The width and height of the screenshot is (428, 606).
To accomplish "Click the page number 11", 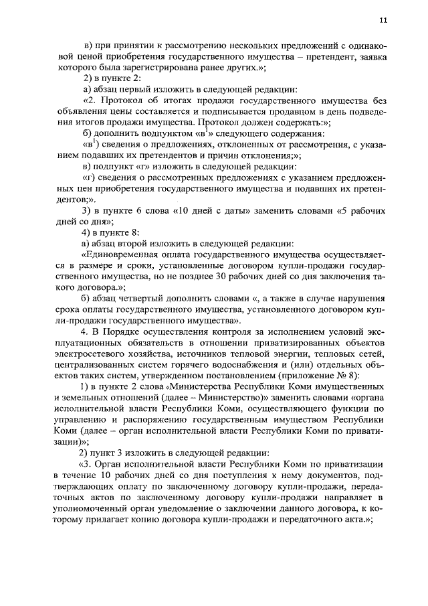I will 382,21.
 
